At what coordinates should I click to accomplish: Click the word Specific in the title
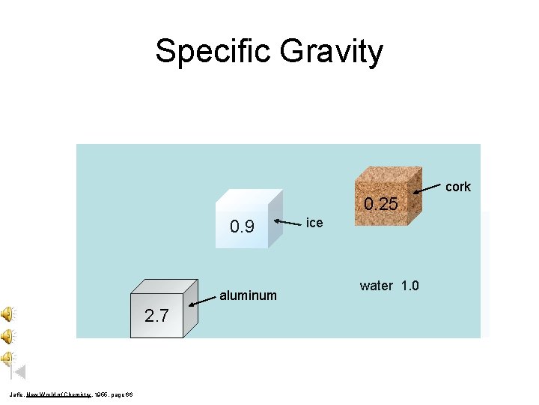point(212,52)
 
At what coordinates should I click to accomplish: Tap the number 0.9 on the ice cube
point(242,226)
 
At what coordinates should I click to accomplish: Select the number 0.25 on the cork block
point(381,204)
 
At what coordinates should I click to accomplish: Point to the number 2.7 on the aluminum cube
point(156,316)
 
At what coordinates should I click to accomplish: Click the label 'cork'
point(458,187)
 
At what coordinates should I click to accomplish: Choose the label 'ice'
point(314,223)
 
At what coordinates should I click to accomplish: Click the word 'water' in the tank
point(377,286)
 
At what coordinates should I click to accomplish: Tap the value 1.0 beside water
point(410,286)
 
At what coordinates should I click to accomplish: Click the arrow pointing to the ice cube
point(288,222)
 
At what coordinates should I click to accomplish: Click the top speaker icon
point(7,313)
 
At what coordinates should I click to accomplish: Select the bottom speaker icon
point(7,357)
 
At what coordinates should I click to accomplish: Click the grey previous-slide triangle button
point(20,371)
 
